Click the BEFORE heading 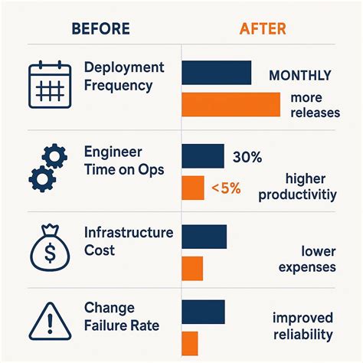point(100,29)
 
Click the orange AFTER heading point(263,29)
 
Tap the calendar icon point(49,85)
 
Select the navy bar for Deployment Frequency point(216,73)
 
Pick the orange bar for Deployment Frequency point(231,105)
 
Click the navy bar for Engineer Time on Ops point(202,156)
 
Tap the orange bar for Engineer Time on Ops point(193,188)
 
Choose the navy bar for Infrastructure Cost point(204,237)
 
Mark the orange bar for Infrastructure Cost point(192,268)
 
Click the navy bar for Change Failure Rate point(203,312)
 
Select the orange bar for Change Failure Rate point(190,342)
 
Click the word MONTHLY point(300,76)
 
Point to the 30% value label point(246,158)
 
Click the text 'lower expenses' point(307,259)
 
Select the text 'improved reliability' point(302,326)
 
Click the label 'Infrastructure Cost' point(129,240)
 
